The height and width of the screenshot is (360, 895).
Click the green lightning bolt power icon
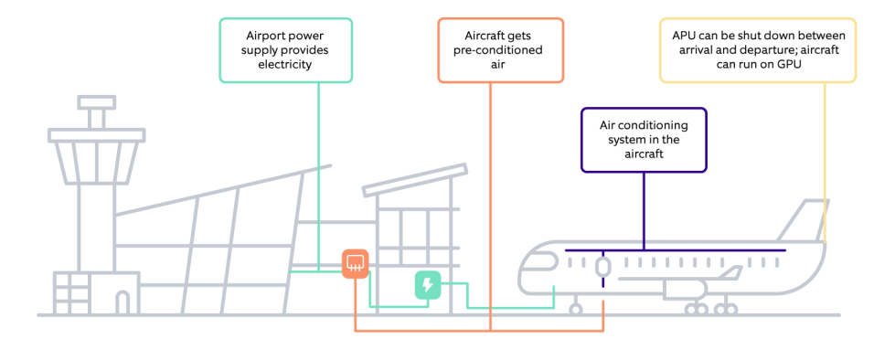427,286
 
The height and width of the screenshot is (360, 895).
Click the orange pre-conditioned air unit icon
355,264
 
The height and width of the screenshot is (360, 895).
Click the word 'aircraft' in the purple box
645,155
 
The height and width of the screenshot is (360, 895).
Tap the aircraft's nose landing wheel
576,309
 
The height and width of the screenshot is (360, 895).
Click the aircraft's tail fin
809,219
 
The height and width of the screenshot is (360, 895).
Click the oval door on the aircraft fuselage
602,267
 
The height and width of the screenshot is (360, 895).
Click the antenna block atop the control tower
96,118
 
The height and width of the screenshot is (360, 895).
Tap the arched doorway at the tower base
123,302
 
